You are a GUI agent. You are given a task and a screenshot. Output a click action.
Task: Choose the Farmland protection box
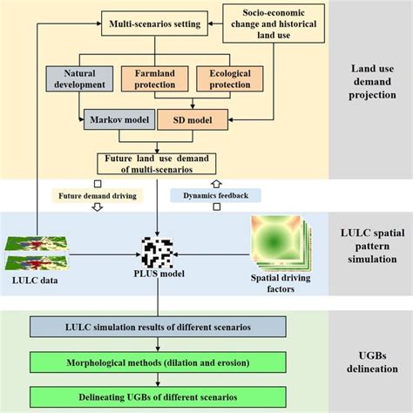155,82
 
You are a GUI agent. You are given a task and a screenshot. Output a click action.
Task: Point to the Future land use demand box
157,163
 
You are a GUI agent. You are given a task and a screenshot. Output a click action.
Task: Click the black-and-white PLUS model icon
157,253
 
